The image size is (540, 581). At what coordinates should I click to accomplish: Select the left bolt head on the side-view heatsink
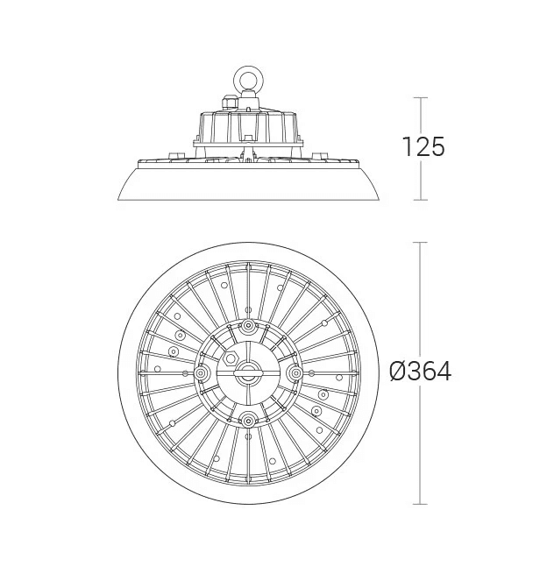(176, 156)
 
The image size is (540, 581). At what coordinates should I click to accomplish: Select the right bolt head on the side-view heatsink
(319, 156)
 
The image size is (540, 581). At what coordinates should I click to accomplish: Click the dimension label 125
(423, 146)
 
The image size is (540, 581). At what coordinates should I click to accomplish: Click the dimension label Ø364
(421, 372)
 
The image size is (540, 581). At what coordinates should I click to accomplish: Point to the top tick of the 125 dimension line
(420, 98)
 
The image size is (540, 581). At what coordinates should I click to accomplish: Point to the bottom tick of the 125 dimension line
(420, 200)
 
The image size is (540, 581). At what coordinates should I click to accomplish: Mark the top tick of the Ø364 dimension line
(420, 243)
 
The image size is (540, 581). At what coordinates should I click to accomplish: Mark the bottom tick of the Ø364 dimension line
(420, 504)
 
